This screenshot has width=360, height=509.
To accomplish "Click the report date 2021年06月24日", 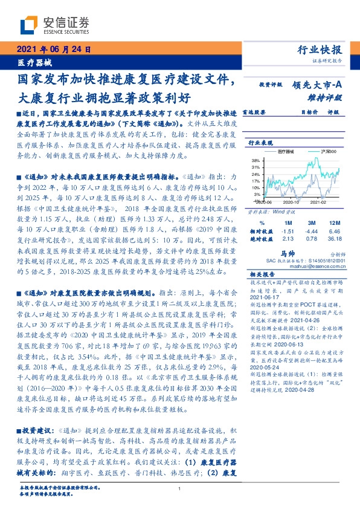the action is (53, 51).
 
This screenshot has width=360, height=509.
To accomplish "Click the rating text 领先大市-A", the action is (316, 85).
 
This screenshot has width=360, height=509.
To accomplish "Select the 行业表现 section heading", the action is (261, 143).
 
